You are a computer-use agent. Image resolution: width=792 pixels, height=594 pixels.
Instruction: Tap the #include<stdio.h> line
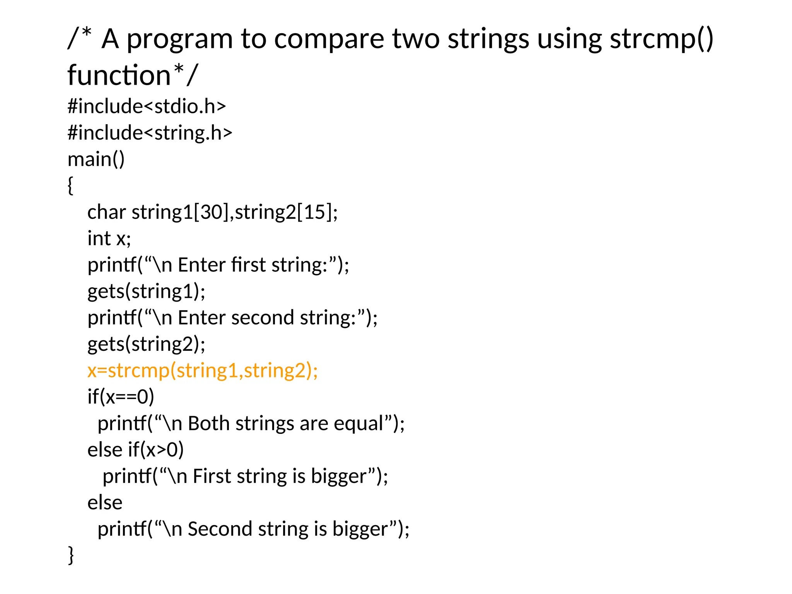click(x=147, y=106)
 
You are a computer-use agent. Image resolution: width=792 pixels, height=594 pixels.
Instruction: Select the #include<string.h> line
click(x=150, y=133)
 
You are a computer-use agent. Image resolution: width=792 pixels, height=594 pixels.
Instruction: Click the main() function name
click(x=96, y=159)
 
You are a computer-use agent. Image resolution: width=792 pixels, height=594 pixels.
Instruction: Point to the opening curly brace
click(x=70, y=186)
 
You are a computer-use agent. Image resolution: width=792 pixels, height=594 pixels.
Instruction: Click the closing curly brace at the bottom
click(x=71, y=555)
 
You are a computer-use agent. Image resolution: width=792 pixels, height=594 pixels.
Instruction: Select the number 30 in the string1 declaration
click(x=211, y=212)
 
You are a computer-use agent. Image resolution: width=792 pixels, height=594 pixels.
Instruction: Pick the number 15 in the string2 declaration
click(x=314, y=212)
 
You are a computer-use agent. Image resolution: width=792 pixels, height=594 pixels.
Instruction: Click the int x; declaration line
click(x=109, y=238)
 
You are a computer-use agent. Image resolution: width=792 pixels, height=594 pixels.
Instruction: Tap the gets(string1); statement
click(x=146, y=291)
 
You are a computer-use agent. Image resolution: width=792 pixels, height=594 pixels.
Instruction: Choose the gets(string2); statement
click(x=146, y=344)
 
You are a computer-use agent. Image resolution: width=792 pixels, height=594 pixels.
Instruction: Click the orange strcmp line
click(x=203, y=370)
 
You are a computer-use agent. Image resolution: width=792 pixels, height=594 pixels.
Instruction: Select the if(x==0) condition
click(x=121, y=397)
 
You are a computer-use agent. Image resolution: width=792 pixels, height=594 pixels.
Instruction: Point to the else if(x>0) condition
click(x=135, y=450)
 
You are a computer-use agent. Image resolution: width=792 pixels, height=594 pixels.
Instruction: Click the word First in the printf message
click(x=212, y=476)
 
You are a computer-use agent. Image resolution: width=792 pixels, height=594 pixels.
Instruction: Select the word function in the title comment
click(x=119, y=75)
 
